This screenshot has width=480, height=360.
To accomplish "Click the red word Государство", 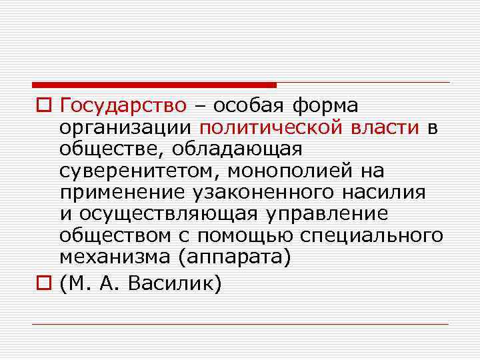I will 123,106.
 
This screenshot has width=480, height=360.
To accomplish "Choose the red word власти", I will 385,128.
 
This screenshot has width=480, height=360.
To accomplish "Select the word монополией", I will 286,171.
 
